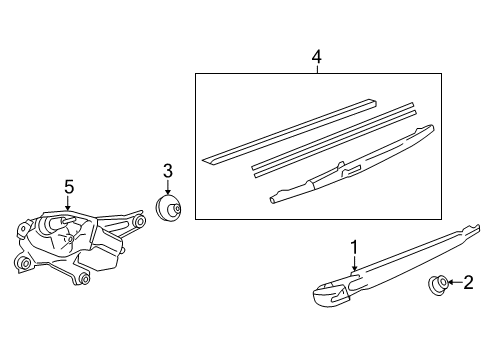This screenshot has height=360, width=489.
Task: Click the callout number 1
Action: pyautogui.click(x=354, y=247)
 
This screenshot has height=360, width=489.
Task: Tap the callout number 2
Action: pyautogui.click(x=468, y=282)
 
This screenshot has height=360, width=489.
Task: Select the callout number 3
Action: pyautogui.click(x=168, y=171)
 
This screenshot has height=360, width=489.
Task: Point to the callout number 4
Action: pyautogui.click(x=317, y=57)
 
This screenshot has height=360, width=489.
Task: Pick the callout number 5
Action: pyautogui.click(x=69, y=187)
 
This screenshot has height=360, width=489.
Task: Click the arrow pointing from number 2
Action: pyautogui.click(x=456, y=283)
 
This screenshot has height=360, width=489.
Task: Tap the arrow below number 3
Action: pyautogui.click(x=168, y=187)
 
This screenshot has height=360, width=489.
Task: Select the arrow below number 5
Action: pyautogui.click(x=68, y=203)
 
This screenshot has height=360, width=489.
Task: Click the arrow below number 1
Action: pyautogui.click(x=354, y=263)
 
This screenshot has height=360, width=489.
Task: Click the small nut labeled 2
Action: pyautogui.click(x=438, y=285)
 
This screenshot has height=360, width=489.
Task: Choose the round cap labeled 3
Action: pyautogui.click(x=168, y=208)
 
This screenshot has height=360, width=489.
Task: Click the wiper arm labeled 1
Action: pyautogui.click(x=396, y=265)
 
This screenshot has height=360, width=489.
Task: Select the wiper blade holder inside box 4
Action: pyautogui.click(x=352, y=164)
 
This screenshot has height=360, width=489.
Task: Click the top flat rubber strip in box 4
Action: pyautogui.click(x=289, y=132)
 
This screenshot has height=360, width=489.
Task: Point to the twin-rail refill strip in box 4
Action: pyautogui.click(x=334, y=140)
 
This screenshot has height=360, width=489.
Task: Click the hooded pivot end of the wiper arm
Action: pyautogui.click(x=332, y=294)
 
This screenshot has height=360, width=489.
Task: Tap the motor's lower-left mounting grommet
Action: pyautogui.click(x=24, y=263)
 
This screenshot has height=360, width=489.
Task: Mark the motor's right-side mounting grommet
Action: pyautogui.click(x=140, y=221)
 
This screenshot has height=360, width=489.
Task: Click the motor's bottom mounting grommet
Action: pyautogui.click(x=84, y=279)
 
